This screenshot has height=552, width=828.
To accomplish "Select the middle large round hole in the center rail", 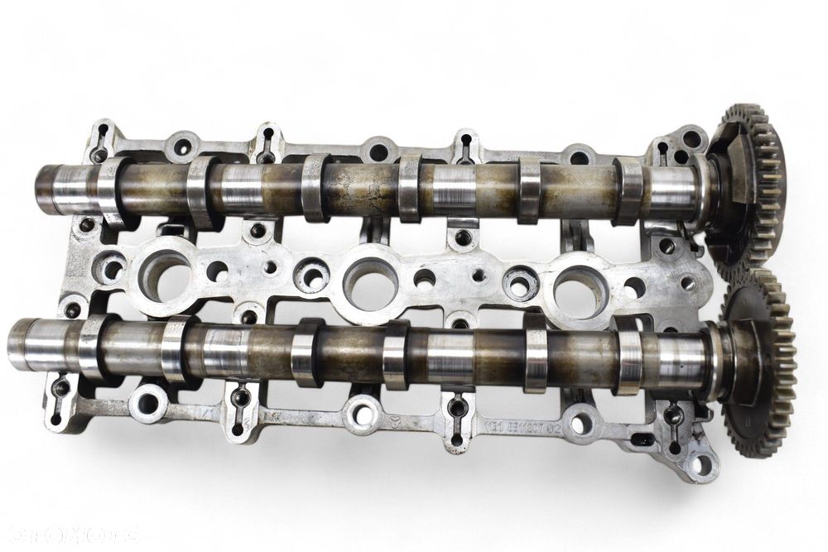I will point(368,281).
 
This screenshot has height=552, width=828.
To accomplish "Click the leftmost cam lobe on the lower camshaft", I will point(94,348).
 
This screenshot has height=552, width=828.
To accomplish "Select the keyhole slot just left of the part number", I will point(456,409).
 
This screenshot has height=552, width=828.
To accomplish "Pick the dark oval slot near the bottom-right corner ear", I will point(642,439).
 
